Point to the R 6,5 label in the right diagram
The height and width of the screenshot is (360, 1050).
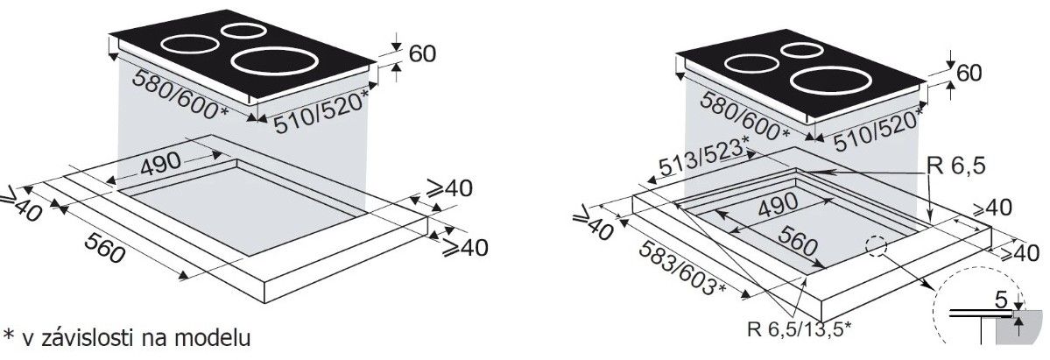coord(956,166)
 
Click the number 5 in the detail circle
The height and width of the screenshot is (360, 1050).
coord(1000,300)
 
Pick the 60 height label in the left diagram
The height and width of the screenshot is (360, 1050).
coord(422,53)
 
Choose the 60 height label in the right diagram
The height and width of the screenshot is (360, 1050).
coord(969,73)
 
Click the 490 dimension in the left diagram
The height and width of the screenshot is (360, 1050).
coord(161,163)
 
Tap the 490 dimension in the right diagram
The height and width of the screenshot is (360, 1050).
coord(778,206)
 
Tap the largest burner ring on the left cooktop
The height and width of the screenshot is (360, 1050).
coord(274,60)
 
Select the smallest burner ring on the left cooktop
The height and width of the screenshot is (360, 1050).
coord(243,30)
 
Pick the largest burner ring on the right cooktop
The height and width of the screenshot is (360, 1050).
coord(832,80)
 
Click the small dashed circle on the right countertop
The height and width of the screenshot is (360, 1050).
coord(875,245)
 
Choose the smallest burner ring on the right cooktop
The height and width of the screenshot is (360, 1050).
coord(802,50)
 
